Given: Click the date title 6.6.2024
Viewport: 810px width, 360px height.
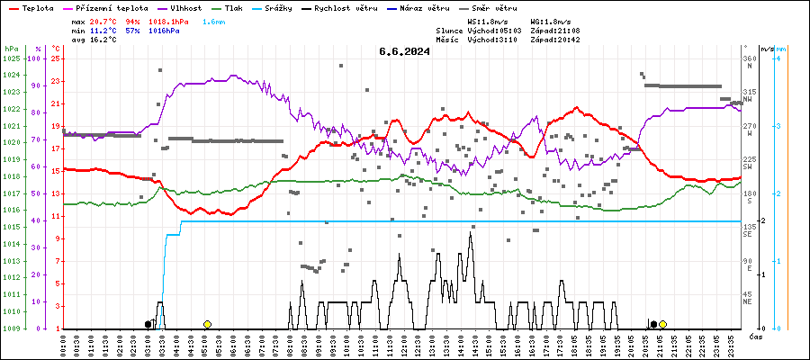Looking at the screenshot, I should (404, 51).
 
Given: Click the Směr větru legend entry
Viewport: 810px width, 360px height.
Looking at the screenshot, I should (512, 7).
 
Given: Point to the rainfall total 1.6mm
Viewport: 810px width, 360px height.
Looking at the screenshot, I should (214, 20).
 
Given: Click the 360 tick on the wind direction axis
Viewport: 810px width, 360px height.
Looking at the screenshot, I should (748, 58).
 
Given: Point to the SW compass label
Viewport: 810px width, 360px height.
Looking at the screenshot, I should (747, 166).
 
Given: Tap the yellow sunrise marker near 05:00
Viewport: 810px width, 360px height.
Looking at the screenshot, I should (207, 324).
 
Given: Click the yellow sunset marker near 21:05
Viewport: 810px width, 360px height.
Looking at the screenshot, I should (662, 324).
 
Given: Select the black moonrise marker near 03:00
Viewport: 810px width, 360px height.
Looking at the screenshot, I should (148, 324).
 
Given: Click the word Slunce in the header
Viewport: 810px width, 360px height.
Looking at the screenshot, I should (450, 30).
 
